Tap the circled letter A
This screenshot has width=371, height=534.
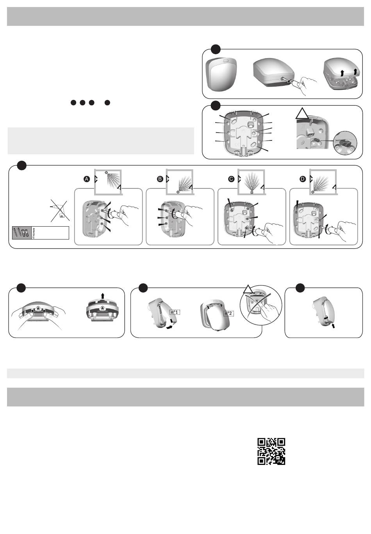click(87, 179)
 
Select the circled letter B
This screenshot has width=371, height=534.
click(160, 179)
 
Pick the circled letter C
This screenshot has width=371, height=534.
click(231, 179)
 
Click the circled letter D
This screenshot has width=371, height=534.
click(303, 179)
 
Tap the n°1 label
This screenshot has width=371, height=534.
click(175, 312)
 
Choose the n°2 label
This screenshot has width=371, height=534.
click(228, 313)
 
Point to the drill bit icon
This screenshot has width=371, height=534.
click(34, 233)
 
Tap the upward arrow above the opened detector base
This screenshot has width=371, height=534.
click(103, 296)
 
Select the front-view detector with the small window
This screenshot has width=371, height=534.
click(219, 74)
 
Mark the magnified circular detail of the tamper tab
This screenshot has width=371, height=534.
click(345, 143)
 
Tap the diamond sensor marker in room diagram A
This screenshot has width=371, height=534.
click(107, 172)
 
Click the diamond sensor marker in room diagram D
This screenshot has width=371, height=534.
click(313, 192)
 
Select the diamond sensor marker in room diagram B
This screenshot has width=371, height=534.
click(178, 192)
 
